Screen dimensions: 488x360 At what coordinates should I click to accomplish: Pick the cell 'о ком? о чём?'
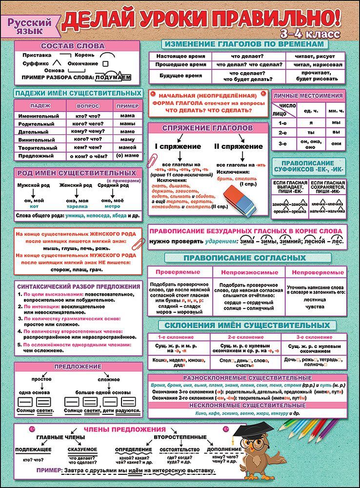tap(88, 155)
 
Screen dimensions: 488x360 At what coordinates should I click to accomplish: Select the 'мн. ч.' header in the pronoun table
tap(335, 111)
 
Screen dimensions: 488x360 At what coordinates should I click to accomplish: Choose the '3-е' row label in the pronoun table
tap(282, 143)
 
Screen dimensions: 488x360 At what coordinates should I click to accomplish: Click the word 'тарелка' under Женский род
tap(77, 206)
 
